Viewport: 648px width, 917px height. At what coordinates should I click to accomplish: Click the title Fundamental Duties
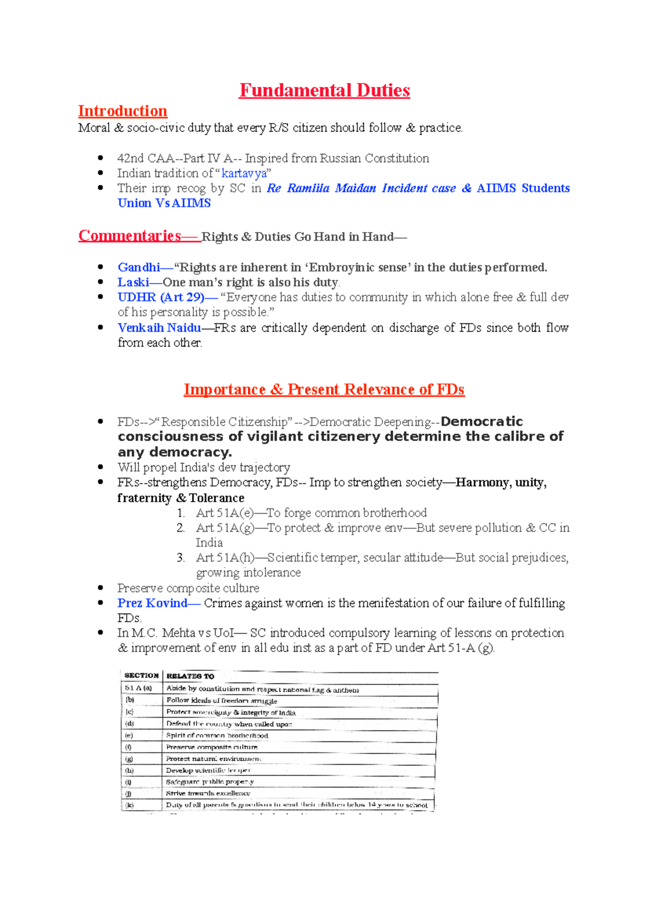pos(324,90)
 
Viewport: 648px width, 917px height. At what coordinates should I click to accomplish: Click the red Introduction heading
pos(123,111)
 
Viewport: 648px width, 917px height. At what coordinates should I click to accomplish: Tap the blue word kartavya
pos(244,173)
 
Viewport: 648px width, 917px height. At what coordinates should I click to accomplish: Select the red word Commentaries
pos(130,236)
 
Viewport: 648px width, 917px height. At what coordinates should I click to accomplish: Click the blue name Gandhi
pos(139,267)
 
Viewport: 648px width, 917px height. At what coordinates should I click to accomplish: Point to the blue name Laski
pos(133,282)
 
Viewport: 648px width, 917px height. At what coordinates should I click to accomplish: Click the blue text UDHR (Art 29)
pos(161,297)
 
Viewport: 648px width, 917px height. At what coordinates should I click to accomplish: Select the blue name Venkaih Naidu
pos(159,328)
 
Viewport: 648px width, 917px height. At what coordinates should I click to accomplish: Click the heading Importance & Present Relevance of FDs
pos(324,389)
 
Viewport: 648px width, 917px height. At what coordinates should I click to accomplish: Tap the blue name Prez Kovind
pos(152,603)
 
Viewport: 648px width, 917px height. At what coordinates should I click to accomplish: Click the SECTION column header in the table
pos(141,676)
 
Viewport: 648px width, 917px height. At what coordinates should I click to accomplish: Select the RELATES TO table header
pos(190,676)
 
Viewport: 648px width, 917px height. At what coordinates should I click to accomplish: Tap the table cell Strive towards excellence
pos(208,793)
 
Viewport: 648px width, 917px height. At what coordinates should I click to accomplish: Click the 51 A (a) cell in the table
pos(138,688)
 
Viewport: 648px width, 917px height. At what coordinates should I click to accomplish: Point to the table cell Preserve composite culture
pos(212,747)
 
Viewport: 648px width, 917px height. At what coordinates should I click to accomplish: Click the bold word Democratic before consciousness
pos(482,422)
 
